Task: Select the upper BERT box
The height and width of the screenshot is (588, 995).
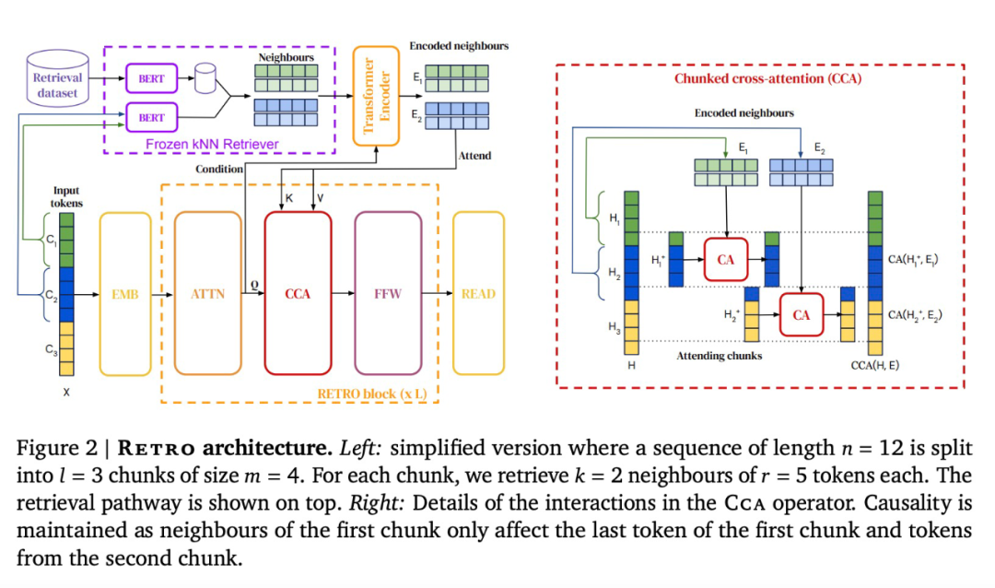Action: [151, 79]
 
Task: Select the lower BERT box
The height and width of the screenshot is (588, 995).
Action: [151, 118]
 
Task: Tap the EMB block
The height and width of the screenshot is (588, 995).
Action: [124, 294]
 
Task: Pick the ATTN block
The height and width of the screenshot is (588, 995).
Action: [207, 294]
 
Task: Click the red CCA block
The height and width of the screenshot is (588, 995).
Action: [298, 294]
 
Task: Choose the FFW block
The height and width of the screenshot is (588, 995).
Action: [388, 294]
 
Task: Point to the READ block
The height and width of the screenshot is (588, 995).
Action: [479, 294]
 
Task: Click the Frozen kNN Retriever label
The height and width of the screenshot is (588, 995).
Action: [212, 145]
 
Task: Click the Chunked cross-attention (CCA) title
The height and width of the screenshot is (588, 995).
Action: [767, 79]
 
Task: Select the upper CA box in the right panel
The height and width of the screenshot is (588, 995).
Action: [726, 260]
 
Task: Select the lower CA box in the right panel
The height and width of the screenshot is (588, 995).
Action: [801, 314]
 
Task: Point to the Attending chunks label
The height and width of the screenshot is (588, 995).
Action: [720, 356]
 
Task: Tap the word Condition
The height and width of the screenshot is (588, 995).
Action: [219, 170]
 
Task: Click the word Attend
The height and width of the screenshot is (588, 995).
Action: [474, 156]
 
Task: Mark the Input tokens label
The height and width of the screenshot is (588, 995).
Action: [66, 196]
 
